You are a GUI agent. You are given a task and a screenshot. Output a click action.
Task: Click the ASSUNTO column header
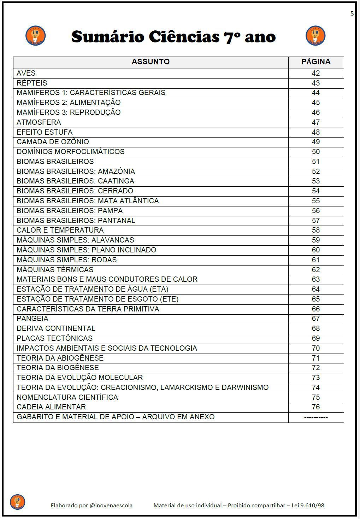pos(151,62)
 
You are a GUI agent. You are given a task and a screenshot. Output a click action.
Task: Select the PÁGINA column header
pos(316,62)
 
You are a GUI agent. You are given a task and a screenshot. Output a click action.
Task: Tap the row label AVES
pos(26,73)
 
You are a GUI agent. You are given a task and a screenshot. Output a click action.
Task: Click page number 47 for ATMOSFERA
pos(316,122)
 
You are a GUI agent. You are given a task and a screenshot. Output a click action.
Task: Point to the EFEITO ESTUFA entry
pos(45,132)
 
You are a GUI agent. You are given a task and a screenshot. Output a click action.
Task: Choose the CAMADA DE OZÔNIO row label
pos(53,142)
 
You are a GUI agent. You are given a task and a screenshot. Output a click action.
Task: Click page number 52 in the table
pos(316,171)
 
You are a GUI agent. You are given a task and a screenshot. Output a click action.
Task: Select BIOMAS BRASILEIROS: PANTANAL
pos(76,221)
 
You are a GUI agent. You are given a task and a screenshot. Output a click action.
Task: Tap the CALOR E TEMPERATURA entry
pos(60,230)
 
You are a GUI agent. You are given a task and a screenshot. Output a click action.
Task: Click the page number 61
pos(316,260)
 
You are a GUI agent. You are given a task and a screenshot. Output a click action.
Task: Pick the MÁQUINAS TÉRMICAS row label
pos(55,270)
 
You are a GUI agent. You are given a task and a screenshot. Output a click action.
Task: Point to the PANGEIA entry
pos(32,319)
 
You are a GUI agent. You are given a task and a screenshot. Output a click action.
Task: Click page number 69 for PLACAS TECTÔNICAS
pos(316,338)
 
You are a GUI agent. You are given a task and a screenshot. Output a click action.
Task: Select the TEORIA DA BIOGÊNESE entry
pos(58,368)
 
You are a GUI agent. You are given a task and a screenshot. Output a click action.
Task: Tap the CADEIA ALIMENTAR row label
pos(51,407)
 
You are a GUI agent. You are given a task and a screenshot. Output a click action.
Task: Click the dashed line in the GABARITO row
pos(316,417)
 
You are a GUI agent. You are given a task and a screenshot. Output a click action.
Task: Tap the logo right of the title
pos(315,36)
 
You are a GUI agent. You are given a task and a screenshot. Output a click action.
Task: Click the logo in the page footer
pos(18,502)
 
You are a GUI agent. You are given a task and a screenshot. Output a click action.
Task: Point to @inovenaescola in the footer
pos(111,506)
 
